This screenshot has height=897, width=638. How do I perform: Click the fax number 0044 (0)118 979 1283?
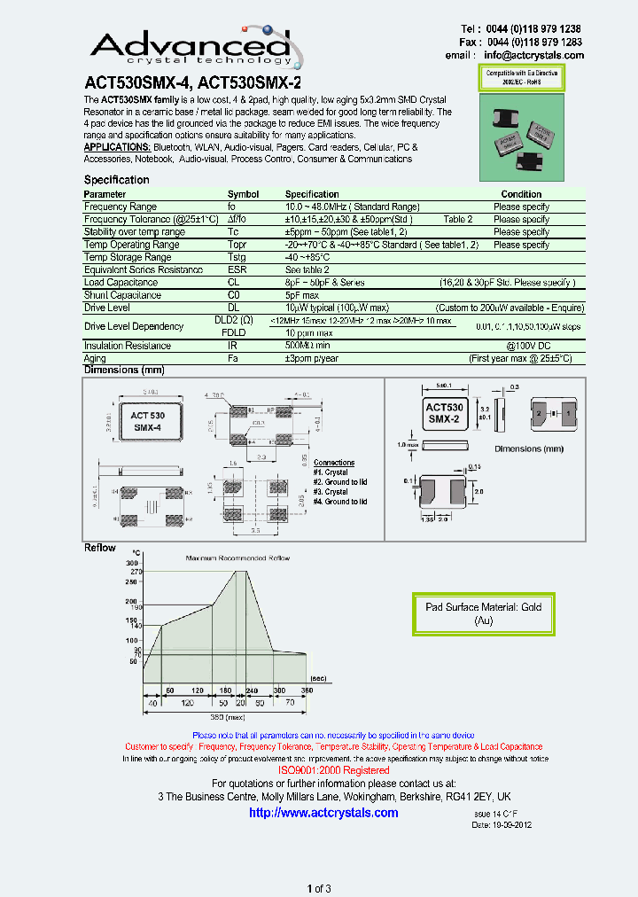547,42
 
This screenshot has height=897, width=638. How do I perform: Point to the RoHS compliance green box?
521,77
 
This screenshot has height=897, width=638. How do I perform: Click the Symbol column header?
243,194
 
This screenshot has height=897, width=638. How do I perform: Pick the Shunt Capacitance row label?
122,295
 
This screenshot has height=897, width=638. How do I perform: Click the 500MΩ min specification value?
307,346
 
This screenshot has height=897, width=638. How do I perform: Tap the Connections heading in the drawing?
334,463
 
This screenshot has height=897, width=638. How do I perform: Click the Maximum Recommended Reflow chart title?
237,558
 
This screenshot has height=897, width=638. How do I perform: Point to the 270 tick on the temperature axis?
133,573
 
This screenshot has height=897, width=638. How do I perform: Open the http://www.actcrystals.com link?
323,813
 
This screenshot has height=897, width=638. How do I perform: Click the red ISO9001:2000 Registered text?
334,770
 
